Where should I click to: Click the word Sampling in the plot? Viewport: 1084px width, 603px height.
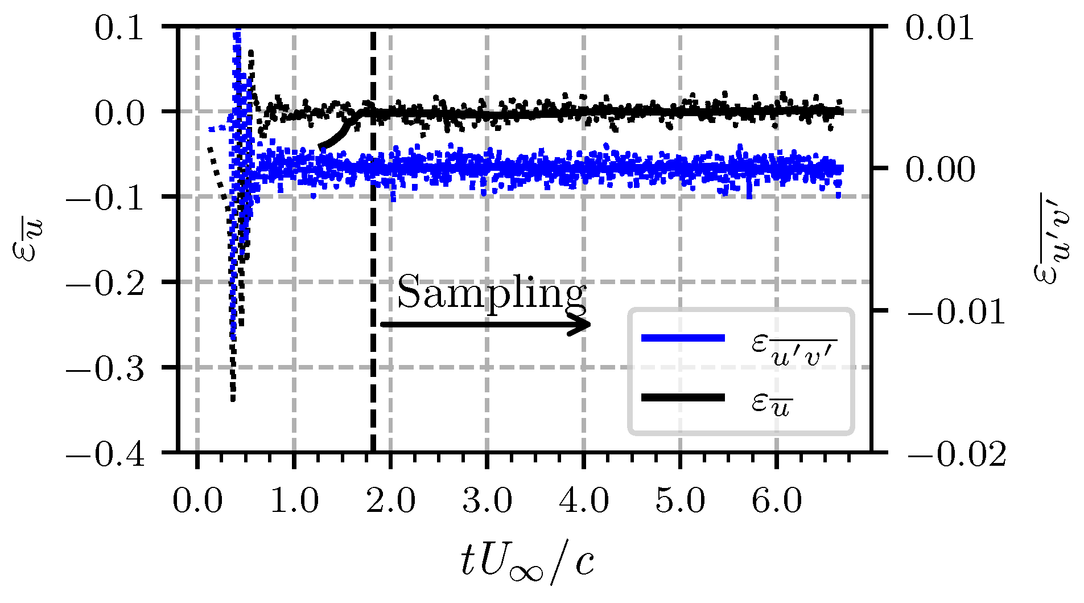point(491,293)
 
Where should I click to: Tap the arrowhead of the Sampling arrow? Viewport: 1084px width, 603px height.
point(583,325)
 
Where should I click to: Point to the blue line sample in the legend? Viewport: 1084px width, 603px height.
point(683,338)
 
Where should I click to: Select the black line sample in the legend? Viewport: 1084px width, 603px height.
point(683,398)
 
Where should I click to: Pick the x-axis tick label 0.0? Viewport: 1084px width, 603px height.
point(197,502)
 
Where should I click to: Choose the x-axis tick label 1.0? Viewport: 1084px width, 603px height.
point(294,502)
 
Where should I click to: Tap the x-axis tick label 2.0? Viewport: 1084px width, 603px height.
point(390,502)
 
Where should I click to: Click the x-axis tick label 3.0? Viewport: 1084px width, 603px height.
point(487,502)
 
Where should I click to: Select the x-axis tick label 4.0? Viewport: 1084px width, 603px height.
point(584,502)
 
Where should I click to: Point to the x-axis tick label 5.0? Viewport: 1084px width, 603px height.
point(681,502)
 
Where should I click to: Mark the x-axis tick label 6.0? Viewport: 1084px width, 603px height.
point(777,502)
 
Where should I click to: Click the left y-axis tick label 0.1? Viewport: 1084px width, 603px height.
point(119,28)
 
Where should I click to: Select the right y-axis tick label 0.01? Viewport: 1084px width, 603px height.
point(940,28)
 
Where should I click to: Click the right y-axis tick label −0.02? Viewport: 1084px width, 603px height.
point(956,454)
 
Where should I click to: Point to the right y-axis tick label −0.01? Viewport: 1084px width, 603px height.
point(956,312)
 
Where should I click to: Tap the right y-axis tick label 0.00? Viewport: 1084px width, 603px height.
point(940,169)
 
